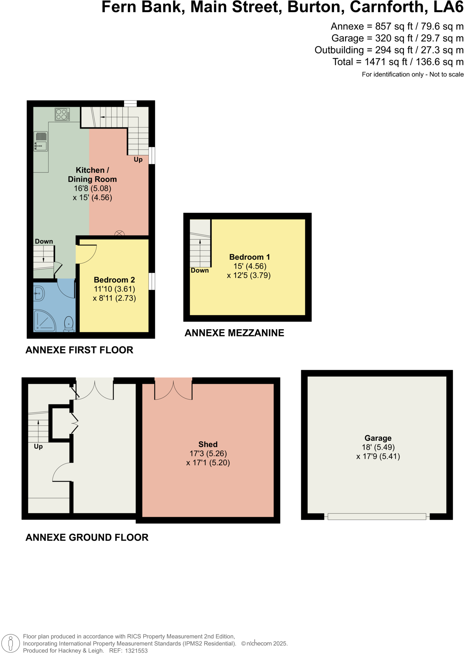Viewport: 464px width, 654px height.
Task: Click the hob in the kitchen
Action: pos(62,114)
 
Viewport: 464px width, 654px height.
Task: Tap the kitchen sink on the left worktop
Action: pos(41,141)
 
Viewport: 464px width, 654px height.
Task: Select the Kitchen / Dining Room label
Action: pos(92,175)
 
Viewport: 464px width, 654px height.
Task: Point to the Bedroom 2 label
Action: pos(114,280)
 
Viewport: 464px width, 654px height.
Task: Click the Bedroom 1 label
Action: pos(249,257)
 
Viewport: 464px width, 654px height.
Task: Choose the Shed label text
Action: pos(208,444)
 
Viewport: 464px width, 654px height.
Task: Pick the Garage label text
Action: pos(378,438)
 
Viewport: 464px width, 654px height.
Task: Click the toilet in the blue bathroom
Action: pos(69,324)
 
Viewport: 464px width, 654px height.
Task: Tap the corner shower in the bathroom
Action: pos(44,321)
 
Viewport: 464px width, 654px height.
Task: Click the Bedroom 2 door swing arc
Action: pos(87,254)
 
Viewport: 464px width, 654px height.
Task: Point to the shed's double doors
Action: pos(173,390)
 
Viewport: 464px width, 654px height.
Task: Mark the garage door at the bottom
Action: pos(377,516)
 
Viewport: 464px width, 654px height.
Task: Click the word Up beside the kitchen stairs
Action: pos(138,159)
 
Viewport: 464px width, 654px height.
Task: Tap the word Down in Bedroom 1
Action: pos(200,270)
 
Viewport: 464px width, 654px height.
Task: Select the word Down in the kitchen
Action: pos(44,242)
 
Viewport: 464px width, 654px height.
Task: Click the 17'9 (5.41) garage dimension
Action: pos(378,457)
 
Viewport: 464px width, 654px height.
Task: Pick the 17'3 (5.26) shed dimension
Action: pos(208,454)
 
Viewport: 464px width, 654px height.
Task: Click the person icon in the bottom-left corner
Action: pos(11,643)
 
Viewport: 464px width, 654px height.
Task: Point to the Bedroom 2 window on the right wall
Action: pos(152,281)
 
